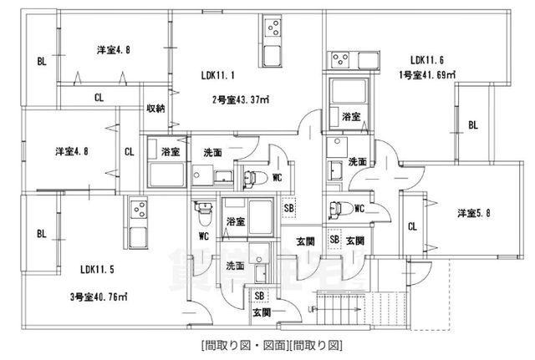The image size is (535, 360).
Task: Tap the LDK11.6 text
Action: pyautogui.click(x=427, y=60)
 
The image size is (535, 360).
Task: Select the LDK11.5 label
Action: pyautogui.click(x=98, y=270)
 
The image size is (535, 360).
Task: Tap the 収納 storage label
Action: pyautogui.click(x=155, y=108)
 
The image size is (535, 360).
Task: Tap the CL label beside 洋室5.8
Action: pyautogui.click(x=413, y=226)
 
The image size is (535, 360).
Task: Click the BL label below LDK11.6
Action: pyautogui.click(x=472, y=125)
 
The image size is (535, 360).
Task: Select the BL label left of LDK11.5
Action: pyautogui.click(x=40, y=234)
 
